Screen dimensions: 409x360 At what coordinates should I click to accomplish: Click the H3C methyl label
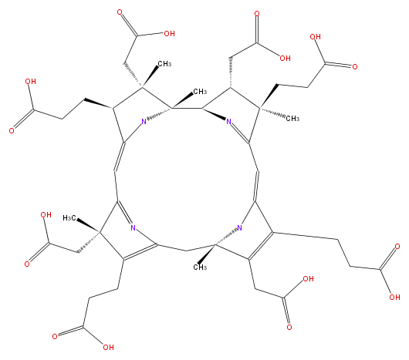coord(70,217)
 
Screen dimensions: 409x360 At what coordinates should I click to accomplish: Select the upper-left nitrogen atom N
coord(144,121)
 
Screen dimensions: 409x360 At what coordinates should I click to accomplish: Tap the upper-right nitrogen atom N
coord(228,121)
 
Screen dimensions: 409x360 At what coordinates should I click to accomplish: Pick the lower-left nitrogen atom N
coord(133,227)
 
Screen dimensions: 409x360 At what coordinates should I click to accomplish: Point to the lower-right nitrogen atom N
coord(239,227)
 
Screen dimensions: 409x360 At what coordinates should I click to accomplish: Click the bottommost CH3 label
coord(200,267)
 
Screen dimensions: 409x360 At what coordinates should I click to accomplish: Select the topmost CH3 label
coord(164,63)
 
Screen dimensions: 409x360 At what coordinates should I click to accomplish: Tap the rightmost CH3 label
coord(292,119)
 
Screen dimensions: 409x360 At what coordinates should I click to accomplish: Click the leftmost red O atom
coord(12,130)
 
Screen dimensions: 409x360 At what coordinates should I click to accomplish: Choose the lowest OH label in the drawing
coord(108,347)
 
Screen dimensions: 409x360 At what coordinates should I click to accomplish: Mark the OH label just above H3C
coord(46,215)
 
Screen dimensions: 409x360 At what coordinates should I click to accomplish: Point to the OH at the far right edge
coord(394,297)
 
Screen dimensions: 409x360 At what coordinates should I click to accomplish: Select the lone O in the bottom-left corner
coord(55,337)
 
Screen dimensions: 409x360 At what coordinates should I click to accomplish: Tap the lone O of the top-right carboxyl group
coord(355,67)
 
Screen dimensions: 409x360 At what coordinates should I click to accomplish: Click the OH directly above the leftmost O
coord(31,81)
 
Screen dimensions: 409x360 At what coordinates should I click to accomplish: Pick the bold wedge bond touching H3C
coord(88,226)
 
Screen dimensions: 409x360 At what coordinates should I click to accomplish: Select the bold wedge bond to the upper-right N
coord(214,113)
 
